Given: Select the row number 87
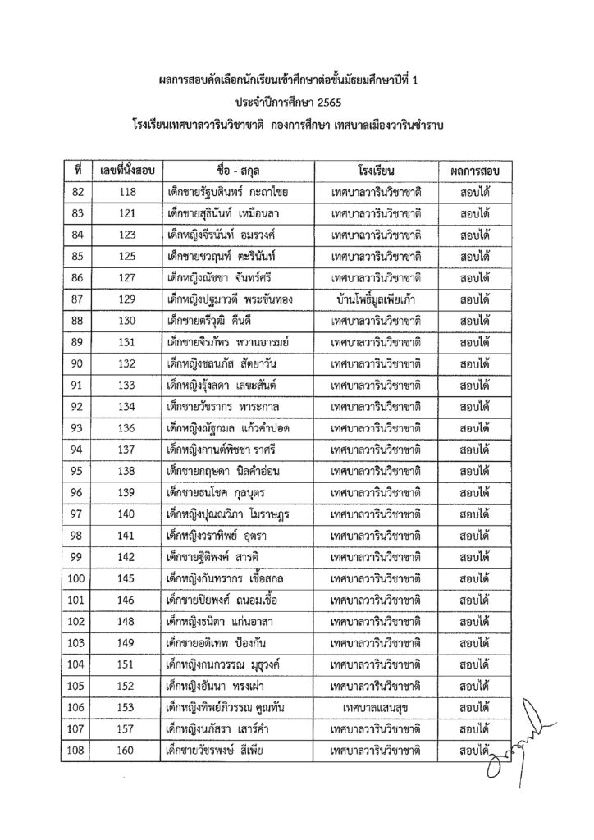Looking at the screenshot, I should pos(78,299).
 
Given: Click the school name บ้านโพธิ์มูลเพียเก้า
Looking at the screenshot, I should pos(377,299).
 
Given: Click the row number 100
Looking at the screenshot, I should pos(78,579).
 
